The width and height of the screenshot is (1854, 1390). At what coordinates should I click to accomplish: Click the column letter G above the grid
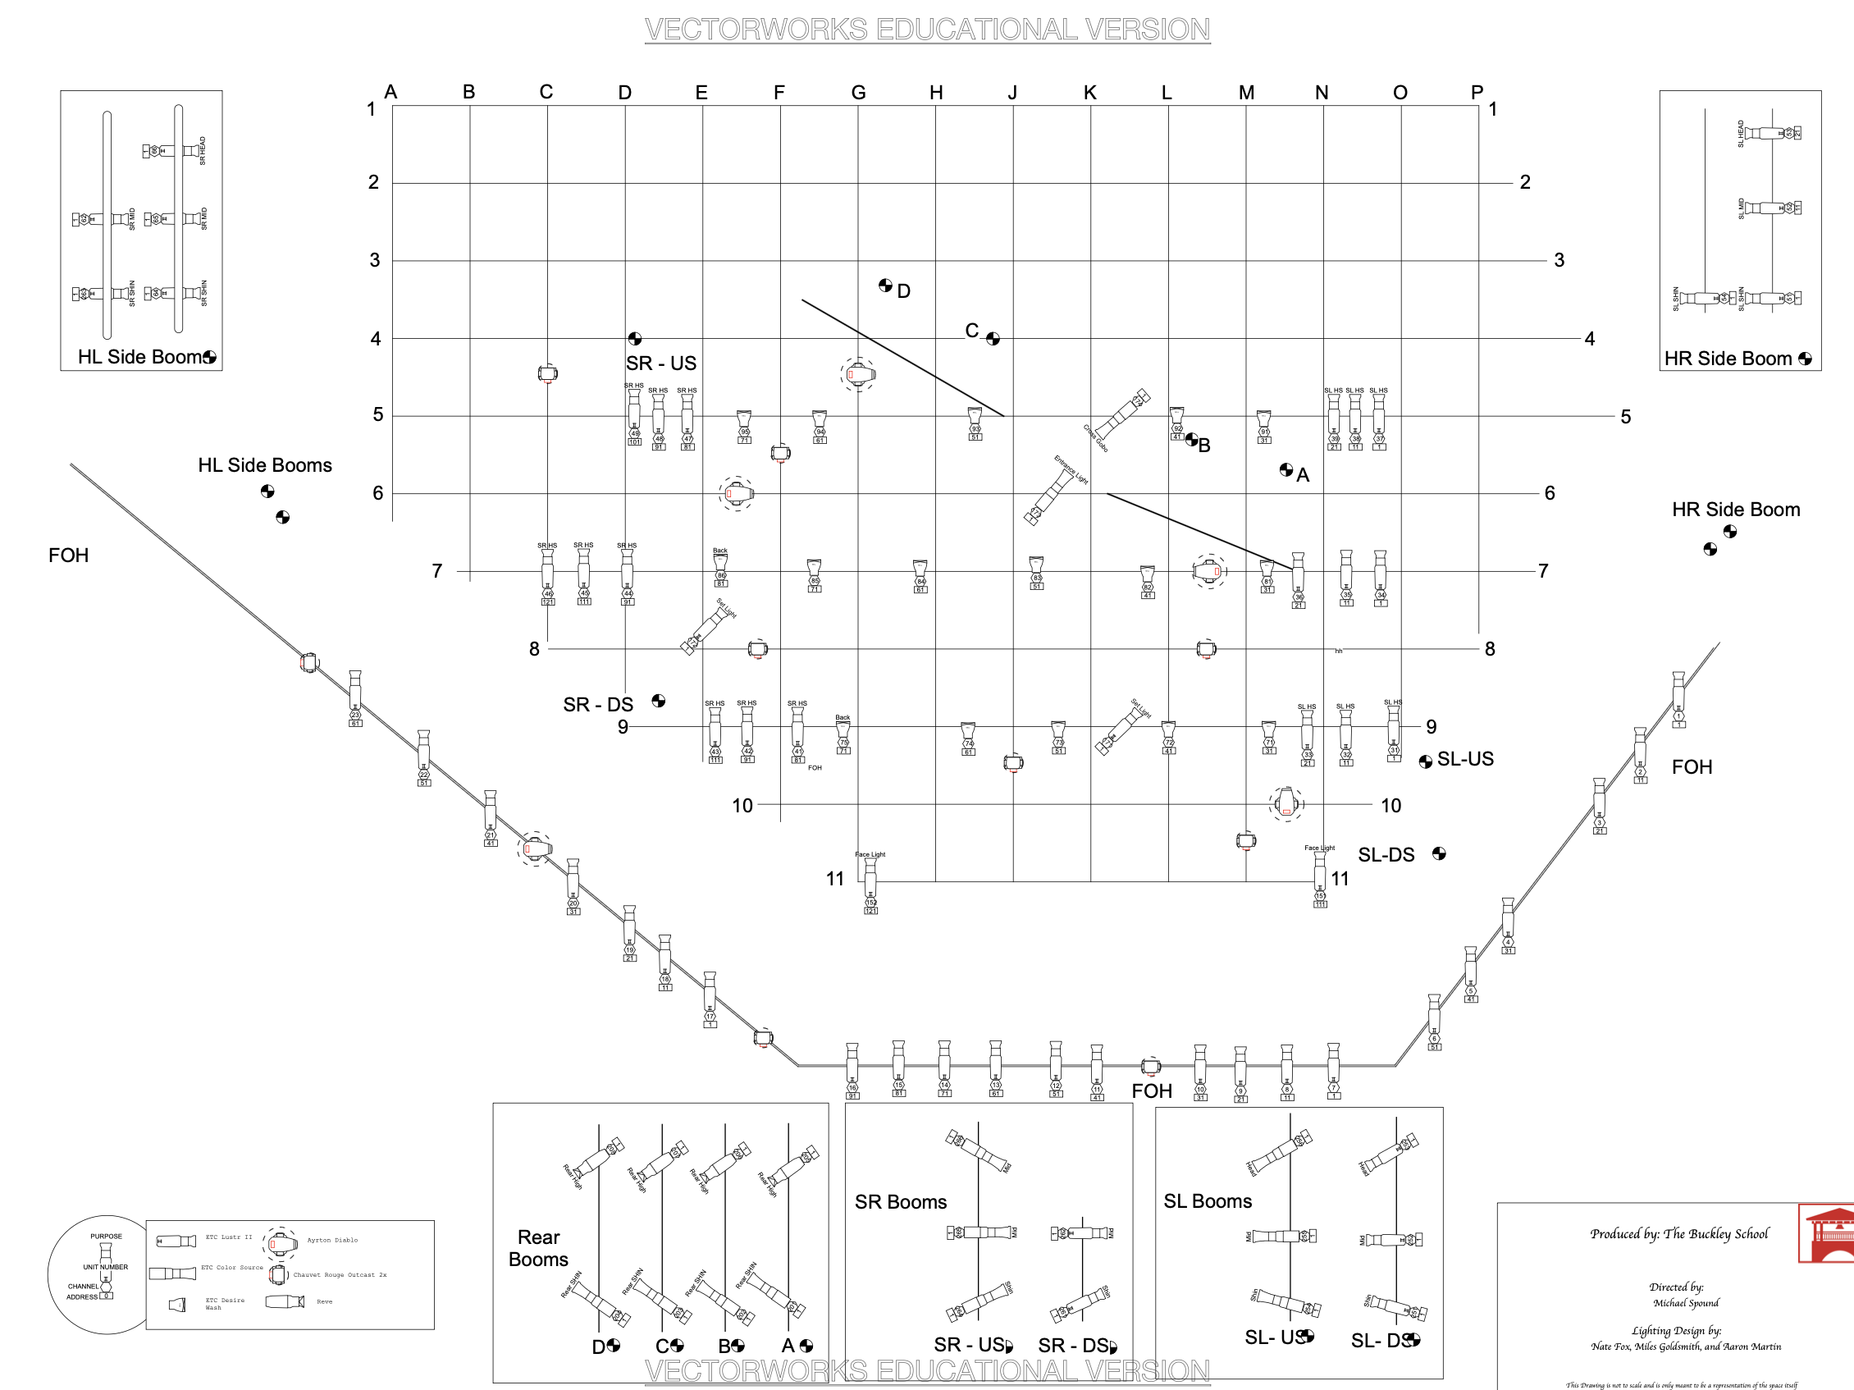tap(858, 92)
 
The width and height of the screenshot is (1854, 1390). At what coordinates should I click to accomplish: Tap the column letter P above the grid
tap(1477, 91)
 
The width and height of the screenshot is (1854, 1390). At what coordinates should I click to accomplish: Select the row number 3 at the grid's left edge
tap(375, 260)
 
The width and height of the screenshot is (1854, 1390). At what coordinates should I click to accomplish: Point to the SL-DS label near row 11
tap(1386, 854)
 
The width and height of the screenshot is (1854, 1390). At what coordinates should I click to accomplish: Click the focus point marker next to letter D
tap(885, 285)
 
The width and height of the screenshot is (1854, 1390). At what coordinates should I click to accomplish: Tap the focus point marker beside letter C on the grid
tap(993, 339)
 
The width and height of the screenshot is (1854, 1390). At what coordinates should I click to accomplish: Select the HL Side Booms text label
tap(265, 465)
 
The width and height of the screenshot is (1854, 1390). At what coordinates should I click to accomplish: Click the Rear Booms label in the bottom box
tap(538, 1247)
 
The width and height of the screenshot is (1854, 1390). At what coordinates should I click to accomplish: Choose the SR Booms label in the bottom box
tap(900, 1201)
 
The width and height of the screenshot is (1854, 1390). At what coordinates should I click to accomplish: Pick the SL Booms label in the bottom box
tap(1207, 1200)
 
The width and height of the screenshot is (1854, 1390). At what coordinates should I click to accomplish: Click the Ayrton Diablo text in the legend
tap(332, 1240)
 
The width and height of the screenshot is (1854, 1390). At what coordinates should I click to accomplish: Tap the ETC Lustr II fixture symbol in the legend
tap(176, 1241)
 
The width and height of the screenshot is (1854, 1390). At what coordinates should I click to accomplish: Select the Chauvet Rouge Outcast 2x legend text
tap(340, 1274)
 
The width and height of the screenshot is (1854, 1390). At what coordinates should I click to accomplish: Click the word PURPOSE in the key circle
tap(107, 1236)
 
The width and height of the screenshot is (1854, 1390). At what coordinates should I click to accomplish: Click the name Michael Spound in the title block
tap(1686, 1303)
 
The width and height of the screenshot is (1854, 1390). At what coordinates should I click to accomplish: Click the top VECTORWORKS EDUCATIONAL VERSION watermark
tap(927, 30)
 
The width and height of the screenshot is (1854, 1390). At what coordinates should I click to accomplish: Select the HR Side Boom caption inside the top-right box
tap(1728, 359)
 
